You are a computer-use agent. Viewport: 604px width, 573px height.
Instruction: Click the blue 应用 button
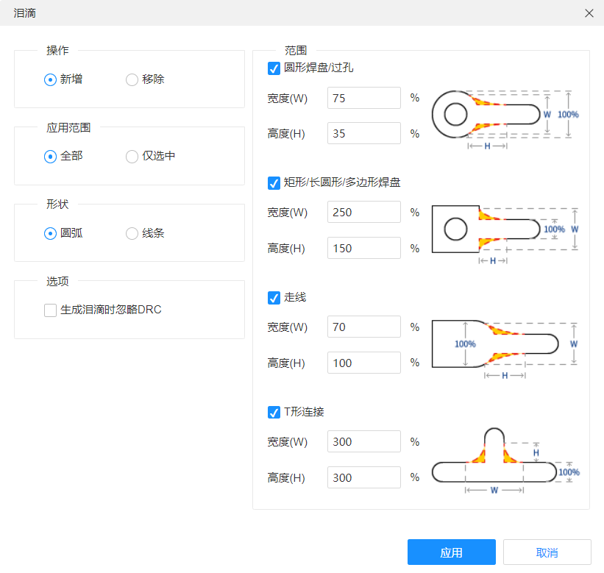point(452,552)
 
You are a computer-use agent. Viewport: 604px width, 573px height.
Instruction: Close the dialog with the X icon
point(589,13)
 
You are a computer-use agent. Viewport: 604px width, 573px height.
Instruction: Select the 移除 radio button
point(132,79)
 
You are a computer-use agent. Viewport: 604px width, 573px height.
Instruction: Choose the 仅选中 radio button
point(132,157)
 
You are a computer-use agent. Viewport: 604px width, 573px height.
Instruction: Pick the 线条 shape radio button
point(132,233)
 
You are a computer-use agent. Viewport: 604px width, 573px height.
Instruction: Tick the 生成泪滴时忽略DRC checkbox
point(50,310)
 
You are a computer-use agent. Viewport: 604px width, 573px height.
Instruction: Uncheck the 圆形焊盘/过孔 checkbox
point(274,68)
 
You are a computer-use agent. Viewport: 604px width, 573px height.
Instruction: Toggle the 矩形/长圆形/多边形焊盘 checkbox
point(274,183)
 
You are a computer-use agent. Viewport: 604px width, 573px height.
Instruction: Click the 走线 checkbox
point(274,298)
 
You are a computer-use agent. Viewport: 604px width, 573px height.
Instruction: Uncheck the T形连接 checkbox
point(274,412)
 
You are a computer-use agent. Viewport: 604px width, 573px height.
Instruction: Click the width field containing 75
point(364,98)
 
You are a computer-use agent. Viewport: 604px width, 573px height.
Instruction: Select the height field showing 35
point(364,133)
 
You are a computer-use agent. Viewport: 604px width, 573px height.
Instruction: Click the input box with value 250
point(364,212)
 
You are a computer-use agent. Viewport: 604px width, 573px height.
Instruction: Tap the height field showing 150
point(364,248)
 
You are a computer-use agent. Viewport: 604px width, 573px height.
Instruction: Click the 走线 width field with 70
point(364,327)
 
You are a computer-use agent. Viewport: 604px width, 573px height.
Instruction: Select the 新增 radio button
point(50,79)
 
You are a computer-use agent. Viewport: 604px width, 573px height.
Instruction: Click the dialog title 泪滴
point(25,13)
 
